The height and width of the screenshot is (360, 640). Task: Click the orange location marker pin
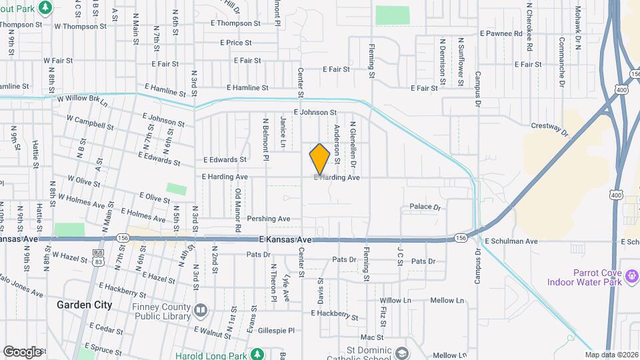point(320,159)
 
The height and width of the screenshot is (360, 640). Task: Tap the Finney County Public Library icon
point(201,309)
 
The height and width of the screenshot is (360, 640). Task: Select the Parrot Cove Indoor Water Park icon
point(631,274)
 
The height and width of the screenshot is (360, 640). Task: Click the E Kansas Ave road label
point(285,239)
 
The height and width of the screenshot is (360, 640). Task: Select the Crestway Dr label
point(549,125)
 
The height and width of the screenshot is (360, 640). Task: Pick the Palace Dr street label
point(425,207)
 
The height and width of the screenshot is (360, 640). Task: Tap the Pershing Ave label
point(269,219)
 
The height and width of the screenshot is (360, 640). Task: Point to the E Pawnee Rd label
point(501,33)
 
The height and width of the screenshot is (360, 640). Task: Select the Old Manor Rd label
point(237,210)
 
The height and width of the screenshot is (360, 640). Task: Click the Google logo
point(23,351)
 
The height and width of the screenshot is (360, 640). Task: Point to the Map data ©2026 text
point(611,355)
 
